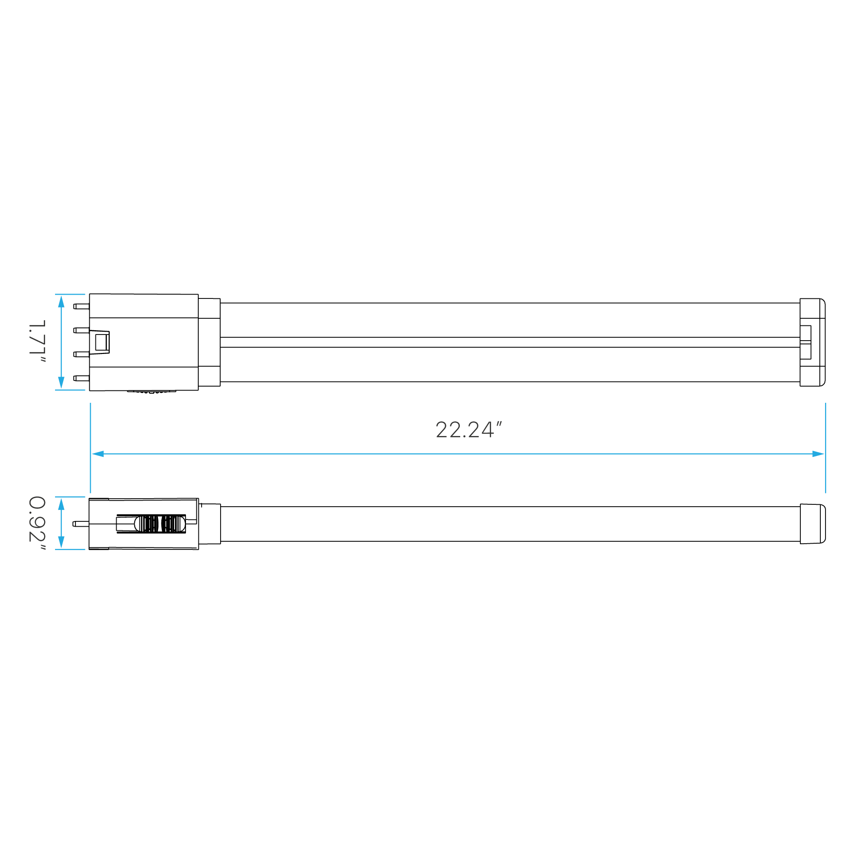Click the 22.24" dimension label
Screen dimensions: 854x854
pyautogui.click(x=468, y=430)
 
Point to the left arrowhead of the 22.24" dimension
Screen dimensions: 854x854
pyautogui.click(x=98, y=454)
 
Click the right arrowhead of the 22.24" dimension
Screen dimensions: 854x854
pyautogui.click(x=818, y=454)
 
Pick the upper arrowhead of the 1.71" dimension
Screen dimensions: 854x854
pyautogui.click(x=61, y=301)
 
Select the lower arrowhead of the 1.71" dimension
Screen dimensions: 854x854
pyautogui.click(x=61, y=383)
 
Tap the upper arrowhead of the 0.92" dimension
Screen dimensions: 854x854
pyautogui.click(x=61, y=504)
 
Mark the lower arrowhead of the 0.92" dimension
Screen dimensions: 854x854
pyautogui.click(x=61, y=542)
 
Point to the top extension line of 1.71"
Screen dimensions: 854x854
pyautogui.click(x=71, y=294)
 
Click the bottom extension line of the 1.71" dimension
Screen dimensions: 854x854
pyautogui.click(x=71, y=390)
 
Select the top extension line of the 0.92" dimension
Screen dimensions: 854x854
pyautogui.click(x=71, y=497)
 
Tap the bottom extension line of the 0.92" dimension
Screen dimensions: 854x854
pyautogui.click(x=71, y=549)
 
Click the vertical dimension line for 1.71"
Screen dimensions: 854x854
pyautogui.click(x=61, y=342)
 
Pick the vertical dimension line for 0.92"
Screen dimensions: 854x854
pyautogui.click(x=61, y=523)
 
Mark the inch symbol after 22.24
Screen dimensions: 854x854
pyautogui.click(x=498, y=423)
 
